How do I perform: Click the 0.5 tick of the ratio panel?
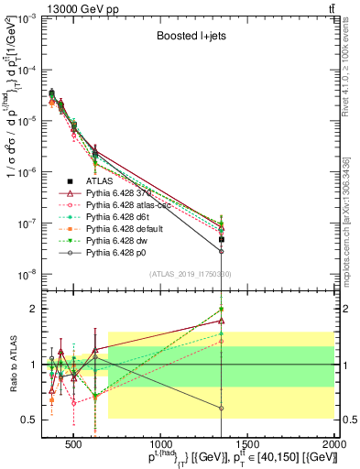point(31,420)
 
